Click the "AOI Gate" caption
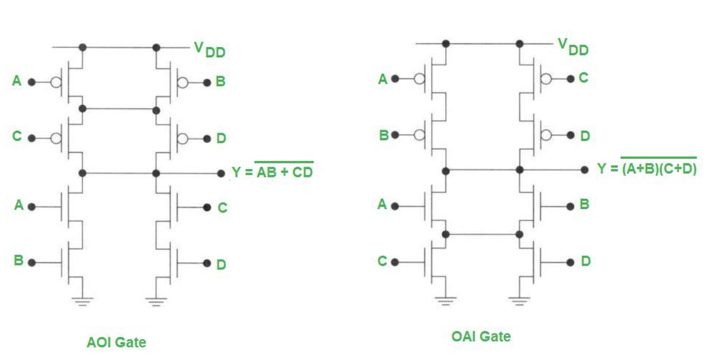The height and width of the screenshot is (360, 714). [116, 343]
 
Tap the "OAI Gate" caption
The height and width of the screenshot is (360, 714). [481, 336]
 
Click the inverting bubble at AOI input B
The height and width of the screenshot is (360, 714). [183, 82]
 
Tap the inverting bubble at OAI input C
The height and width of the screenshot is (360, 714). [547, 79]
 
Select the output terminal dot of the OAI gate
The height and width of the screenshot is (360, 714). [584, 170]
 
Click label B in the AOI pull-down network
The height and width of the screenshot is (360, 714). [18, 261]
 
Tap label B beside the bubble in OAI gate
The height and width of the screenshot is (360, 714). [384, 135]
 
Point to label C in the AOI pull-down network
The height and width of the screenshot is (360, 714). [222, 208]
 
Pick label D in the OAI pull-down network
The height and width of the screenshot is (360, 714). [585, 261]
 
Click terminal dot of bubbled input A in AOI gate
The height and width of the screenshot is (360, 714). [31, 82]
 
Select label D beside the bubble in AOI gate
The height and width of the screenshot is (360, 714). [221, 139]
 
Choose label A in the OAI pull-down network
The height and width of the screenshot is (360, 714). [383, 205]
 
